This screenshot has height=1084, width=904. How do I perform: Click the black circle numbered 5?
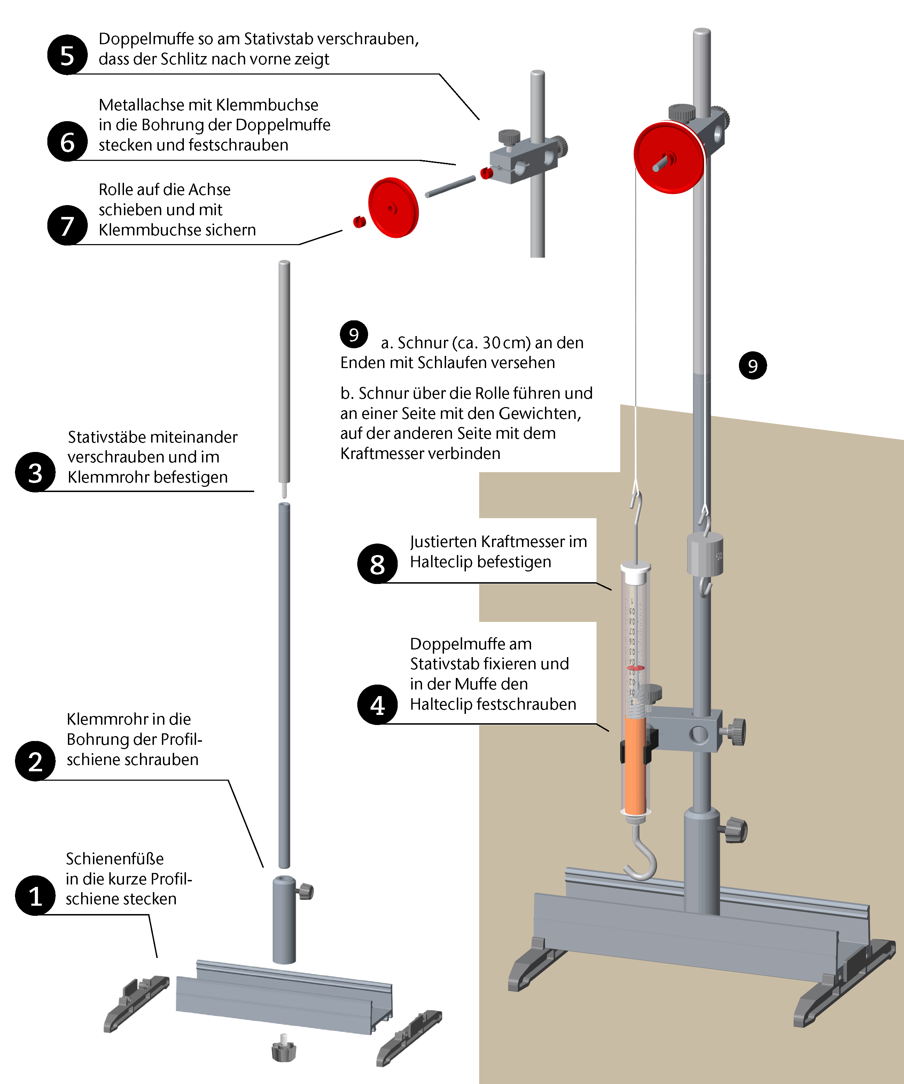click(x=67, y=55)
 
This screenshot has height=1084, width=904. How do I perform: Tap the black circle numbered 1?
click(x=35, y=896)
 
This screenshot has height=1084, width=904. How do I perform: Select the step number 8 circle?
click(x=377, y=564)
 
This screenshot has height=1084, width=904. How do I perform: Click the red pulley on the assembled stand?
click(x=669, y=157)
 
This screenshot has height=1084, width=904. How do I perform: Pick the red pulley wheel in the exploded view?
click(x=393, y=208)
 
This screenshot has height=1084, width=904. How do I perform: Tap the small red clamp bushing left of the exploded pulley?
click(x=359, y=221)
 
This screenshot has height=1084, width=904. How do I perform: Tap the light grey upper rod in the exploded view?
click(x=284, y=372)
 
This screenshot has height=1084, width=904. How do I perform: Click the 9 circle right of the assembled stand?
click(x=753, y=366)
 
